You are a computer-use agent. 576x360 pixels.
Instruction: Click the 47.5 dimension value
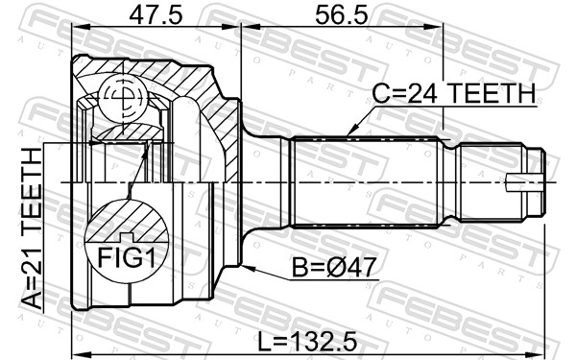coord(156,15)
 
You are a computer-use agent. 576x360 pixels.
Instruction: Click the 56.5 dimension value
coord(341,15)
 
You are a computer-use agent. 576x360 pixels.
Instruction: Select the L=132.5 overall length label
coord(307,341)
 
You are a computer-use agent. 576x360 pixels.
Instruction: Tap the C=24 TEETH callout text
coord(454,93)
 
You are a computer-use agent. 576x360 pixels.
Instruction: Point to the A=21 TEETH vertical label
coord(32,229)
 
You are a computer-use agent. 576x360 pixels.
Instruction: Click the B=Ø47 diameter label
coord(334,267)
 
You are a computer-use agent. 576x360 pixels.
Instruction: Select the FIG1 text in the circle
coord(127,258)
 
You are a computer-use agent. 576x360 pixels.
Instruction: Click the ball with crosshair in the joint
coord(124,99)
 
